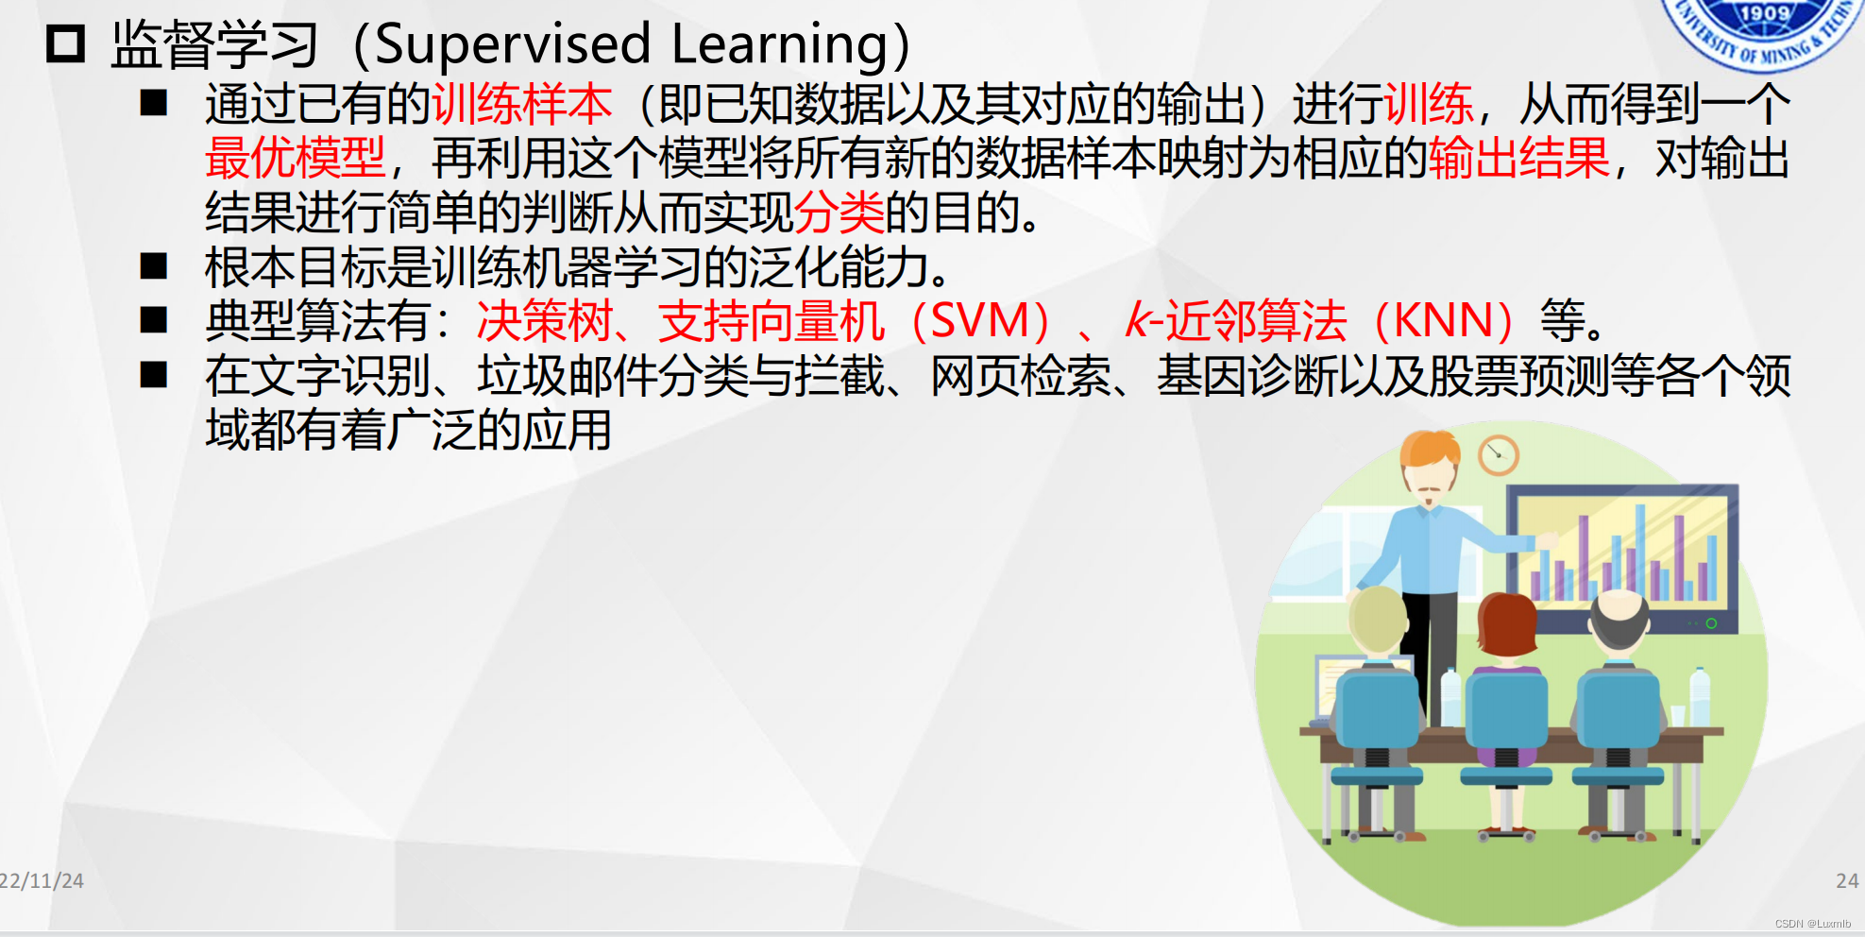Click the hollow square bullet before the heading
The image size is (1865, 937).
coord(66,44)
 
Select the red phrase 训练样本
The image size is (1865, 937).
coord(522,104)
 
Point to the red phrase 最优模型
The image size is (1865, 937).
coord(296,158)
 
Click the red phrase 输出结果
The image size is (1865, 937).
coord(1519,158)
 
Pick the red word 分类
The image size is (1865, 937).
coord(839,212)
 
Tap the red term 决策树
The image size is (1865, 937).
coord(545,321)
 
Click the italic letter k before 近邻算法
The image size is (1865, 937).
coord(1137,320)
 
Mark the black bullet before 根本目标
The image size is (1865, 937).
coord(154,266)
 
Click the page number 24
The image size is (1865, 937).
coord(1847,881)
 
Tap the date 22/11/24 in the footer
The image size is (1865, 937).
coord(42,881)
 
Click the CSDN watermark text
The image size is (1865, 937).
coord(1812,924)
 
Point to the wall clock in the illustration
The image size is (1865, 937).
coord(1498,455)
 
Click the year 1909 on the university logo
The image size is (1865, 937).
coord(1764,13)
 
